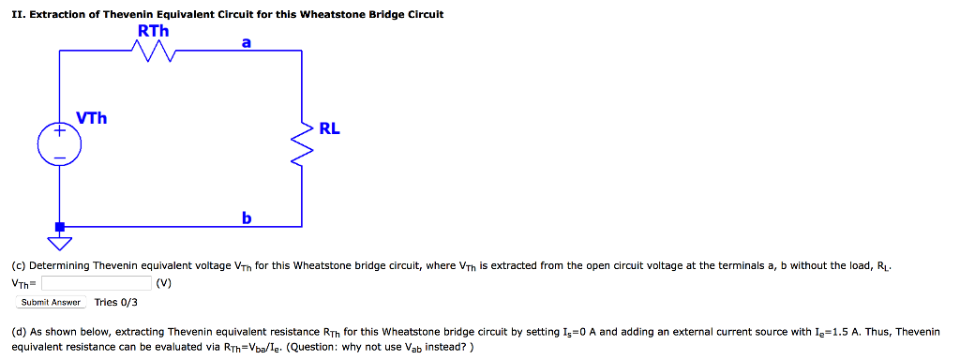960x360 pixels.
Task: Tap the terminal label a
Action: tap(246, 40)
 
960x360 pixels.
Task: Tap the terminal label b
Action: tap(247, 217)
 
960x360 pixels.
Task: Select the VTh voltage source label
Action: tap(92, 119)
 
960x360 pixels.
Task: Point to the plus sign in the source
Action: tap(59, 132)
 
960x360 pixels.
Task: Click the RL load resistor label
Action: tap(329, 128)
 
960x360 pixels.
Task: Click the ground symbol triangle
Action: tap(60, 244)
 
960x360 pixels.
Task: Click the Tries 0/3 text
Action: tap(116, 302)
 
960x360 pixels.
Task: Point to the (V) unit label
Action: tap(164, 282)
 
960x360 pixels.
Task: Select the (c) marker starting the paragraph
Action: tap(19, 265)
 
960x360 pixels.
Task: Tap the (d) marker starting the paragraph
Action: tap(19, 332)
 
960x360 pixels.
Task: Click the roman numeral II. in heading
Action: tap(17, 15)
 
